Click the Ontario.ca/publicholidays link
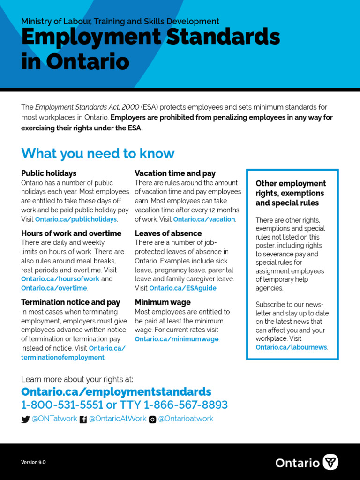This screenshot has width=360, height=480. point(76,219)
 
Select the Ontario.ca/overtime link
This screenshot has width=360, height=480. point(54,288)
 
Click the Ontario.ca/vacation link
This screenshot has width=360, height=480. point(204,219)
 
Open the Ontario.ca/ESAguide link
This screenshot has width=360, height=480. point(183,288)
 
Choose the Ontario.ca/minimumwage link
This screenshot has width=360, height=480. point(177,339)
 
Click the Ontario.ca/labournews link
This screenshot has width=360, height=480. point(291,347)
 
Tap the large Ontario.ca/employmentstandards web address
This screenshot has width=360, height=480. point(116,391)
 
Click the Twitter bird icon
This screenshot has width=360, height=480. point(25,420)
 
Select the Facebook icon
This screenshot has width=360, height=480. point(83,420)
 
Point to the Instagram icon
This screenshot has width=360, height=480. point(152,420)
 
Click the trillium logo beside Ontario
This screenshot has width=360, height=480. point(331,462)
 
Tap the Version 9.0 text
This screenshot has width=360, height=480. point(33,462)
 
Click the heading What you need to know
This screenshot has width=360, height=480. point(97,153)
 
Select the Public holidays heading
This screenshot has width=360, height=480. point(49,173)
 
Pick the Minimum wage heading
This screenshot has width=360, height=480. point(163,302)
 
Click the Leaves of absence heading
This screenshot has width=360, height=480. point(168,233)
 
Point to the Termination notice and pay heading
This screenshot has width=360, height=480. point(70,302)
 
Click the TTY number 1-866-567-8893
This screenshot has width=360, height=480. point(186,405)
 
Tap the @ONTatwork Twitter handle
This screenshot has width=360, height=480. point(54,419)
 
